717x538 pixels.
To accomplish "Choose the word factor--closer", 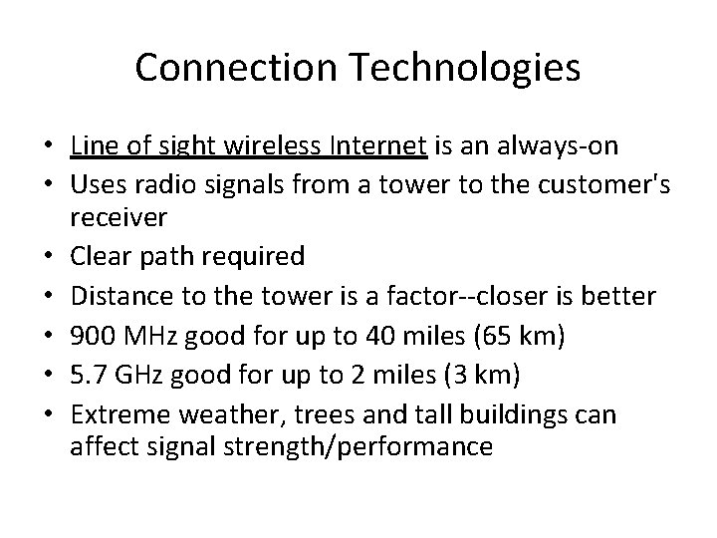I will coord(446,297).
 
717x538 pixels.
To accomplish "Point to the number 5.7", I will coord(86,377).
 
